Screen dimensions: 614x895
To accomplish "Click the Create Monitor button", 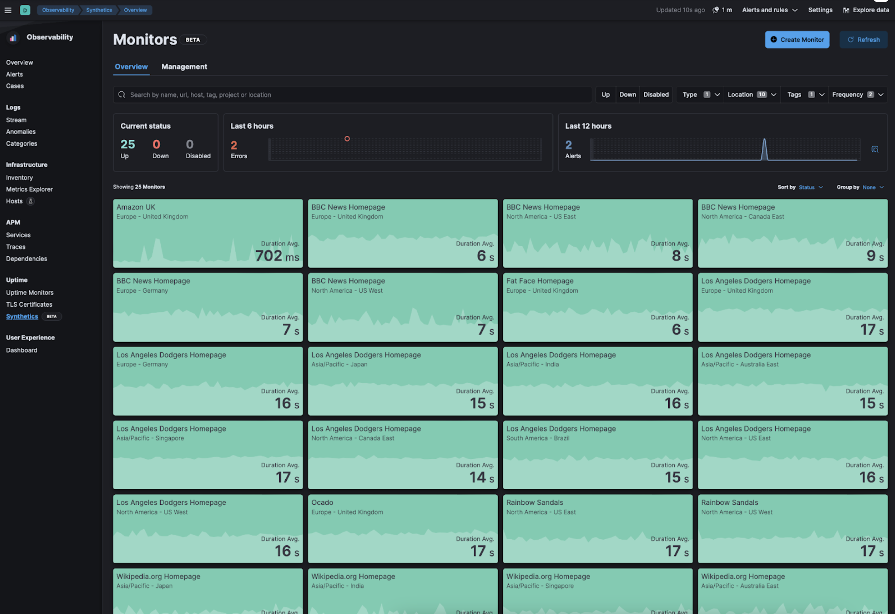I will click(797, 39).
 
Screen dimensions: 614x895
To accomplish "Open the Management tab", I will click(184, 67).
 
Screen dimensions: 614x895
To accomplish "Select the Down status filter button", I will click(627, 95).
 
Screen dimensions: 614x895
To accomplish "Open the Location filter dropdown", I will click(751, 95).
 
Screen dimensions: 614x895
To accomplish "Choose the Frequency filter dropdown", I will click(857, 95).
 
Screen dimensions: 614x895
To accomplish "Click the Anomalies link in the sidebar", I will click(21, 132).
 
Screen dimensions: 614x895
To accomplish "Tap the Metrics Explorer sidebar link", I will click(29, 189).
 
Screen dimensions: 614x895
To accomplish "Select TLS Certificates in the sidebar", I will click(29, 304).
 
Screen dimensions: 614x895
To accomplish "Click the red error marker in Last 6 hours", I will click(347, 139).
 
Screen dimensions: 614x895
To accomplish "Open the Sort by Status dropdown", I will click(810, 187).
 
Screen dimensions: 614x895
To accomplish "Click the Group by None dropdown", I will click(873, 187).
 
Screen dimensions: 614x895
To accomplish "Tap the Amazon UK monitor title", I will click(135, 207).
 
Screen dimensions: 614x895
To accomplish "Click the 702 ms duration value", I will click(276, 256).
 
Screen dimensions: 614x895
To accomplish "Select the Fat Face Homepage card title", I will click(540, 281).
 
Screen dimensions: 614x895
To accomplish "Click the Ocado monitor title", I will click(322, 503).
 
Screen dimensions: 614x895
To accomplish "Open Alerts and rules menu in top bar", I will click(769, 10).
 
